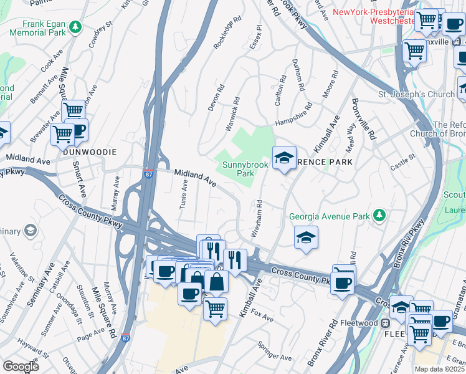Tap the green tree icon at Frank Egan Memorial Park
coord(75,27)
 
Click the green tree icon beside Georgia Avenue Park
coord(379,216)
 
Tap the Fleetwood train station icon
coord(386,323)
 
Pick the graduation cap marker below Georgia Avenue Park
coord(306,237)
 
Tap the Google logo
coord(21,367)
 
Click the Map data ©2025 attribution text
coord(439,369)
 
